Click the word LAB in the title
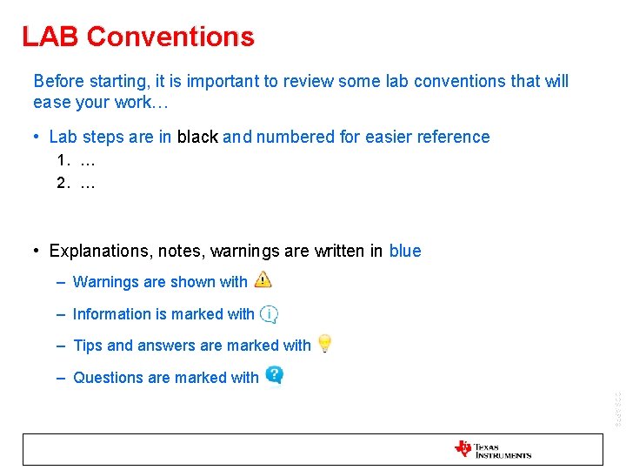[50, 37]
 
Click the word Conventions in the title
[170, 37]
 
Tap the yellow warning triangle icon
[263, 279]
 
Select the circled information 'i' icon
[270, 313]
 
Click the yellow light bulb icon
[323, 344]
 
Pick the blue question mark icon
[274, 375]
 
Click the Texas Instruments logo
[492, 449]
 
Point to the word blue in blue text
[405, 252]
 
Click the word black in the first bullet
[197, 138]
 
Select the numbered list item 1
[75, 161]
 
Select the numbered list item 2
[75, 183]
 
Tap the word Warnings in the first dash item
[106, 282]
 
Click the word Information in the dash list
[112, 314]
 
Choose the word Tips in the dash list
[88, 346]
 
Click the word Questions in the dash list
[109, 378]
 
